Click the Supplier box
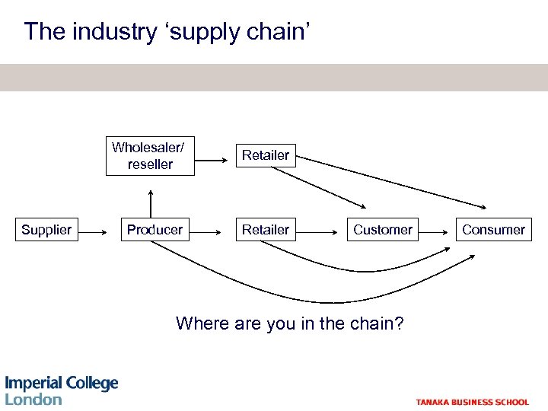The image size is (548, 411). (46, 229)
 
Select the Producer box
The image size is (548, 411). (155, 229)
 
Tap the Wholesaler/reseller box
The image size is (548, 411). (150, 156)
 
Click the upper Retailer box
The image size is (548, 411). (266, 155)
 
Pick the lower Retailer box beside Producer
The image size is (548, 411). (266, 229)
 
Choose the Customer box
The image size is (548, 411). (383, 229)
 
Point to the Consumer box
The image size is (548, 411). (494, 229)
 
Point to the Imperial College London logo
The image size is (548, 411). (62, 390)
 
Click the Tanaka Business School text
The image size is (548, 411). (472, 402)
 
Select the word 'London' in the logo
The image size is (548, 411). (33, 399)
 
